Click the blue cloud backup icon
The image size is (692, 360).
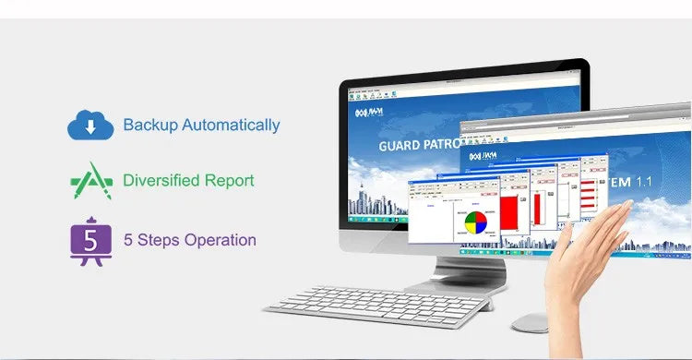pos(89,124)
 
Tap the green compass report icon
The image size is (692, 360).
pos(90,181)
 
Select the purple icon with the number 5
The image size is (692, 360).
pos(89,240)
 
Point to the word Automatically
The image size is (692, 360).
pos(231,125)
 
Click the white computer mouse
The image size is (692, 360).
pos(530,322)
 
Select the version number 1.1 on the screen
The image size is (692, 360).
pos(643,182)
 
